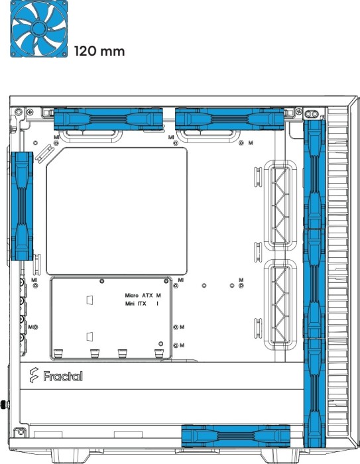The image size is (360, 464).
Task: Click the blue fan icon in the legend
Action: click(x=38, y=29)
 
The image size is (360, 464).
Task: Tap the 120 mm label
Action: click(x=99, y=51)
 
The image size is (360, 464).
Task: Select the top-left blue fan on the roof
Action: click(x=108, y=119)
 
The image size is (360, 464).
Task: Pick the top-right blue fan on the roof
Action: click(x=230, y=119)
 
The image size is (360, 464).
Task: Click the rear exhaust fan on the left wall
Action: click(x=22, y=206)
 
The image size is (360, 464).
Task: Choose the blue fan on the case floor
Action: click(x=235, y=435)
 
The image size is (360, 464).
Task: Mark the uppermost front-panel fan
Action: click(x=314, y=174)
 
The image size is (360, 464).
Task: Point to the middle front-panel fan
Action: click(x=314, y=284)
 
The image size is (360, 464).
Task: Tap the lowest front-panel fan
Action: click(x=314, y=392)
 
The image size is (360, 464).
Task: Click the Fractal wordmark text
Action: click(x=63, y=376)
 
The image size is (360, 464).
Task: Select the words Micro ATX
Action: click(x=139, y=296)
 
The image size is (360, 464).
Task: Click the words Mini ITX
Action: click(x=136, y=304)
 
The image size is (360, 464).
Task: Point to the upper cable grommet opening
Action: click(x=280, y=205)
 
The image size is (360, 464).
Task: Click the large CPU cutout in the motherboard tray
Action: click(x=117, y=211)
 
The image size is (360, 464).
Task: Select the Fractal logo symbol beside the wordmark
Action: click(x=34, y=375)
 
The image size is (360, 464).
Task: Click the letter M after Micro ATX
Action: click(x=158, y=296)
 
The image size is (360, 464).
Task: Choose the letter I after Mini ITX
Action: click(x=158, y=304)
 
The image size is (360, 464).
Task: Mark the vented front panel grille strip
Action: click(x=338, y=272)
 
